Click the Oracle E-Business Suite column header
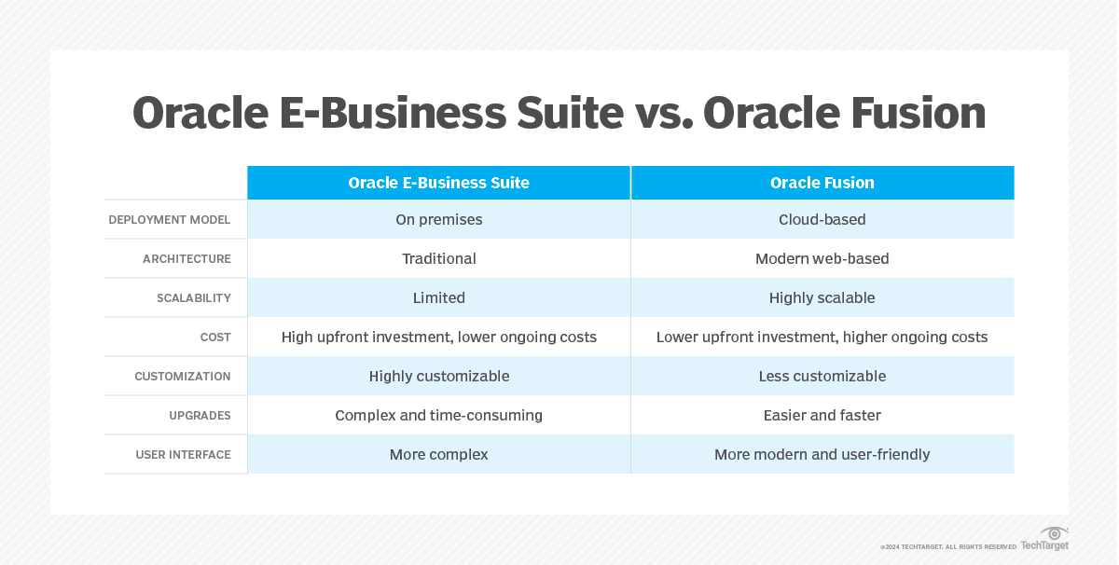click(438, 183)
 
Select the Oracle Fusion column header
click(822, 183)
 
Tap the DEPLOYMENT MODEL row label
click(170, 220)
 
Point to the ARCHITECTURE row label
click(186, 259)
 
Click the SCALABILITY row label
click(194, 298)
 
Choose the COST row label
click(215, 338)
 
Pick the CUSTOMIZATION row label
click(183, 376)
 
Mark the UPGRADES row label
click(200, 416)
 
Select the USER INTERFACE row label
click(184, 455)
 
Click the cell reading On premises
click(438, 220)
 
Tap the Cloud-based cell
click(822, 219)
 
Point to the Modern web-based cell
click(822, 259)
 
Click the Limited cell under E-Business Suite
click(438, 297)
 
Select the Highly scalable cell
click(822, 298)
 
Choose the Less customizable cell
click(822, 376)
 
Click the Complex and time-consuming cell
click(438, 416)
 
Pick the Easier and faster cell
click(822, 415)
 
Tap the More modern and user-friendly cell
click(822, 455)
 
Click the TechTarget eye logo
click(1054, 533)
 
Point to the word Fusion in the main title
click(919, 114)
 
